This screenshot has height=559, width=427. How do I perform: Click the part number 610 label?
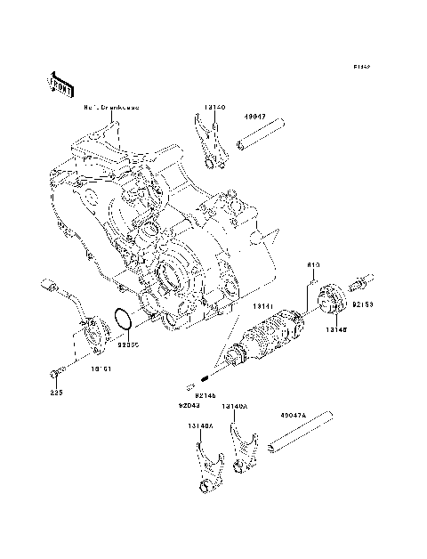pos(313,264)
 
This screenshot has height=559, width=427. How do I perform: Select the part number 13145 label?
pos(335,328)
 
